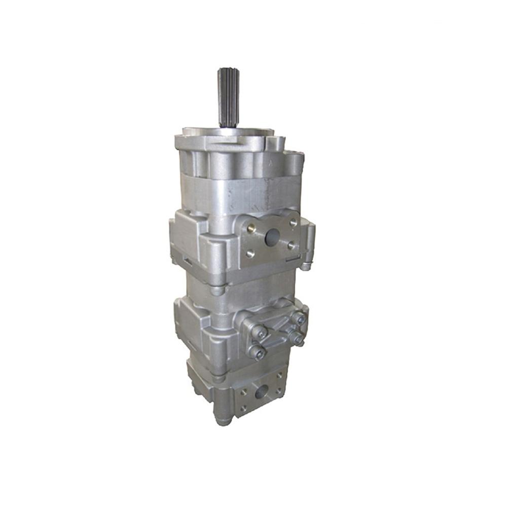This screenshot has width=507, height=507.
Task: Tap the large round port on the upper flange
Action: pos(272,236)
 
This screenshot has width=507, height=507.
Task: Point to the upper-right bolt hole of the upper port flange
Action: pos(293,222)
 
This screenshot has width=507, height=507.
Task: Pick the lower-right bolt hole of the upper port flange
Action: pos(291,245)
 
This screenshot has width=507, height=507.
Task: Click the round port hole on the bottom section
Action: pos(262,391)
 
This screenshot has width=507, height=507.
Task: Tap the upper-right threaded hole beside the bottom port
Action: pos(279,376)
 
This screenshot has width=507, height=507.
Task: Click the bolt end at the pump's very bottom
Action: pos(223,420)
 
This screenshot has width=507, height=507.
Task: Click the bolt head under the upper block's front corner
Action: pos(217,290)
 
